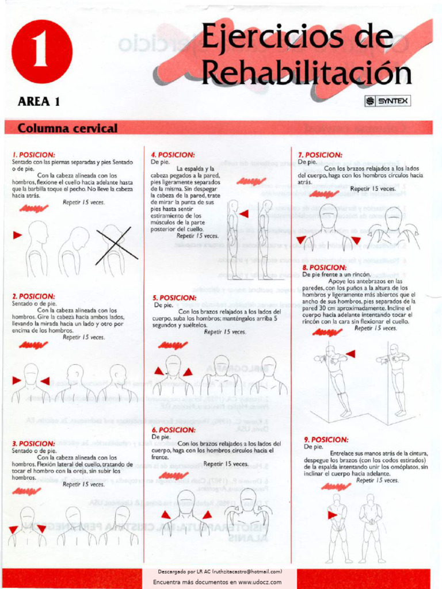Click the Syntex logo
[387, 101]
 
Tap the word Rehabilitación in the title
[306, 73]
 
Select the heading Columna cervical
[67, 128]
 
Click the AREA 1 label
[39, 102]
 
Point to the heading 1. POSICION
[34, 155]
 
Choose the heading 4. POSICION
[173, 155]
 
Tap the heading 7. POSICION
[320, 155]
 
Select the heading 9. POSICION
[326, 439]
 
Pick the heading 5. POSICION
[174, 297]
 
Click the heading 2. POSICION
[34, 296]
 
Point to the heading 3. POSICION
[34, 443]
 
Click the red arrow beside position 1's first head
[17, 235]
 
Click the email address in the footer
[247, 572]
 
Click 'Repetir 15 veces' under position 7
[372, 189]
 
